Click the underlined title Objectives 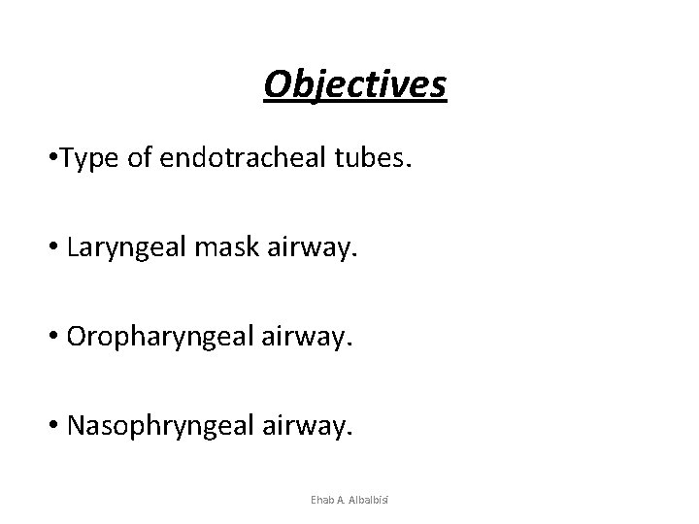click(x=354, y=84)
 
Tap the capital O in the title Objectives click(x=277, y=84)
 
